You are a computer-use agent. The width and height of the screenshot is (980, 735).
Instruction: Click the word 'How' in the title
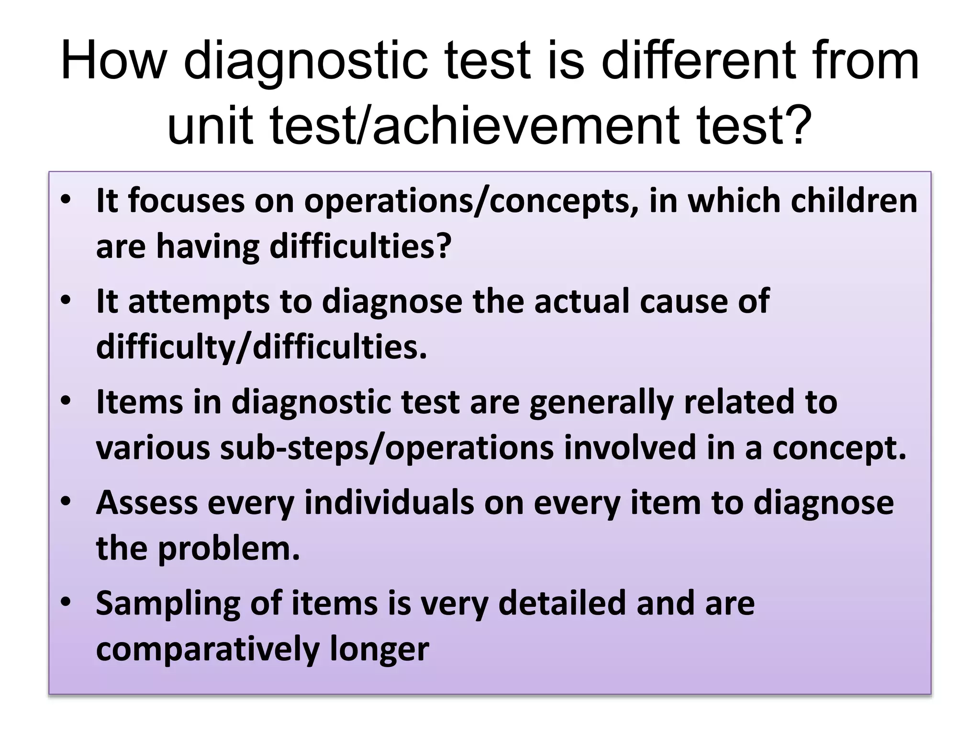[x=113, y=61]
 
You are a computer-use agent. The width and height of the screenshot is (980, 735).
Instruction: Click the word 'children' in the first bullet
[x=854, y=200]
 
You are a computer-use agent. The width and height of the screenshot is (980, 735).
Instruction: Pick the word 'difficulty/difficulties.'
[x=261, y=347]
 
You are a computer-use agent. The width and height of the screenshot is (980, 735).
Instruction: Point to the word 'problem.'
[x=229, y=548]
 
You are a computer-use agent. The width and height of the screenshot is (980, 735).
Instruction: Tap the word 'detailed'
[x=562, y=603]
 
